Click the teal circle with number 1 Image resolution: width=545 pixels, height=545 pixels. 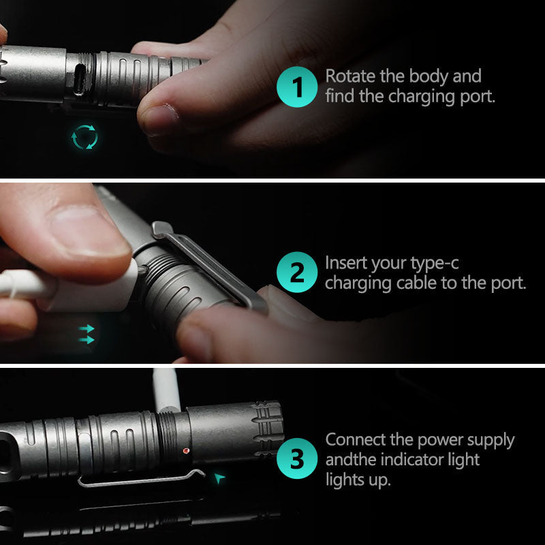[297, 87]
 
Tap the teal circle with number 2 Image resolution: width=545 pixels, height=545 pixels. [297, 274]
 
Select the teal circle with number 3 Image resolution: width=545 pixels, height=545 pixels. [297, 459]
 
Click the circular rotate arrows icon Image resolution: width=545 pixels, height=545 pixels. [85, 137]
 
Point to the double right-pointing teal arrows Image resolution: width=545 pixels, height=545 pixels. [87, 333]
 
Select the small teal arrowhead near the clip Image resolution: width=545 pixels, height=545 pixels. [219, 479]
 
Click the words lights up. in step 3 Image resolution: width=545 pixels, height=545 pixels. [358, 480]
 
